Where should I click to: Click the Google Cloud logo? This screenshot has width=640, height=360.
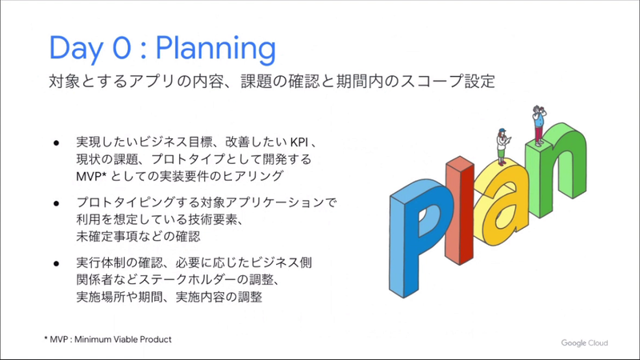(583, 342)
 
